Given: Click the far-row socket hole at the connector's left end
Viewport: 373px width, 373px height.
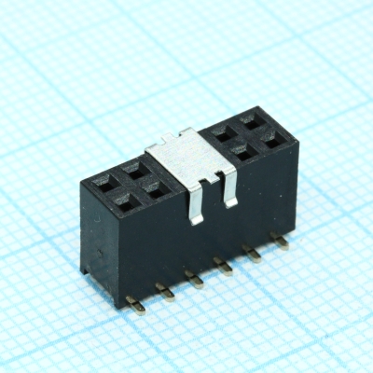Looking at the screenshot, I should pos(106,175).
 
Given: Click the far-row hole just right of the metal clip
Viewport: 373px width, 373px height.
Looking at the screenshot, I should pos(223,133).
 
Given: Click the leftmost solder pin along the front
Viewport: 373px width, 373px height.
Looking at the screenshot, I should pos(136,304).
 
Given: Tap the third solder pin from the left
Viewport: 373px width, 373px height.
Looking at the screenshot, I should pos(193,278).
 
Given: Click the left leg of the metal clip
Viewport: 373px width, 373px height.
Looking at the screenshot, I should pos(195,198).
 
